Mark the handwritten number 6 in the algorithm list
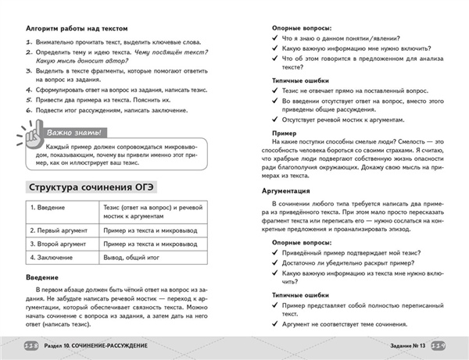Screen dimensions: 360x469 [x=27, y=110]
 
